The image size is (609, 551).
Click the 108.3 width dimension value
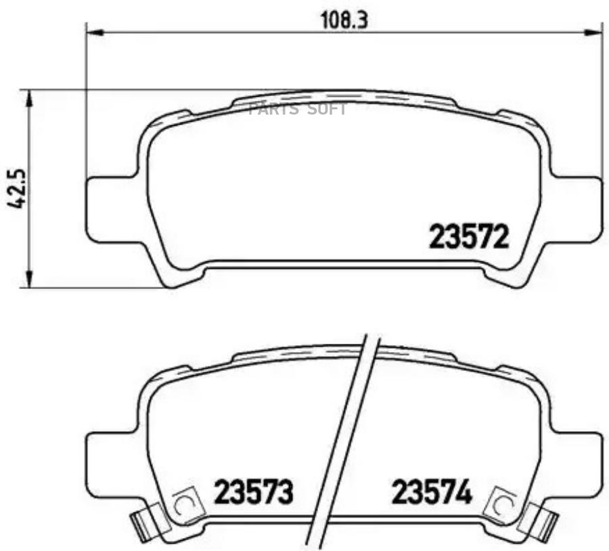(x=343, y=20)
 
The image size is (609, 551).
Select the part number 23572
(x=468, y=238)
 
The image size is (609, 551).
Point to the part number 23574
(x=432, y=492)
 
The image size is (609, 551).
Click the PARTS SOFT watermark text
(x=298, y=110)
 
